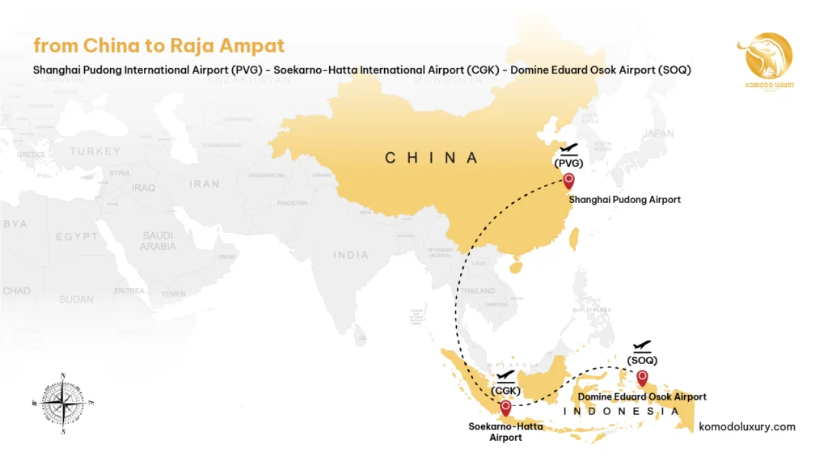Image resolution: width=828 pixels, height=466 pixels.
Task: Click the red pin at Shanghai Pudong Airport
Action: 569,181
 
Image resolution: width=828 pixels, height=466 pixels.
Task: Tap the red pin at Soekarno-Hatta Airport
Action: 506,408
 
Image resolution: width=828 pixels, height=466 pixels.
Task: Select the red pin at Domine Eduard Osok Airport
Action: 642,377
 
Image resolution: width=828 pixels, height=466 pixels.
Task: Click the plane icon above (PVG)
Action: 569,149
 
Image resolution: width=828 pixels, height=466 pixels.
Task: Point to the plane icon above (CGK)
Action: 505,376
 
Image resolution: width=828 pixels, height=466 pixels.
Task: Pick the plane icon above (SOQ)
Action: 643,345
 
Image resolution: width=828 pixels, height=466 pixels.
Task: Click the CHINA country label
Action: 432,158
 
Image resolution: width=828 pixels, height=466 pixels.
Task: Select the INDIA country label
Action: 351,255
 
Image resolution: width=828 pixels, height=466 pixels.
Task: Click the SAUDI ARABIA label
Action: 158,241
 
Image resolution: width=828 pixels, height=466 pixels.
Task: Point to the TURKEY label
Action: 95,151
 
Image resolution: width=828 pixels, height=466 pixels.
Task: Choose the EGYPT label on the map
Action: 77,237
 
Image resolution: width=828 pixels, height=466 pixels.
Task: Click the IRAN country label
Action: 205,184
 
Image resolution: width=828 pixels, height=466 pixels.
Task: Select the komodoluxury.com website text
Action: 746,426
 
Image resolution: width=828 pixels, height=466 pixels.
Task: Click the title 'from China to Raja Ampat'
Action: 158,46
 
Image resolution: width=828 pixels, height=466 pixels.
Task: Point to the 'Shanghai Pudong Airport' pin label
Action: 624,200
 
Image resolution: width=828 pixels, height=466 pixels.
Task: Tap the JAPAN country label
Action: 658,133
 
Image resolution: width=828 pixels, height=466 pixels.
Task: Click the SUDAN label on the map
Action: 76,299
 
